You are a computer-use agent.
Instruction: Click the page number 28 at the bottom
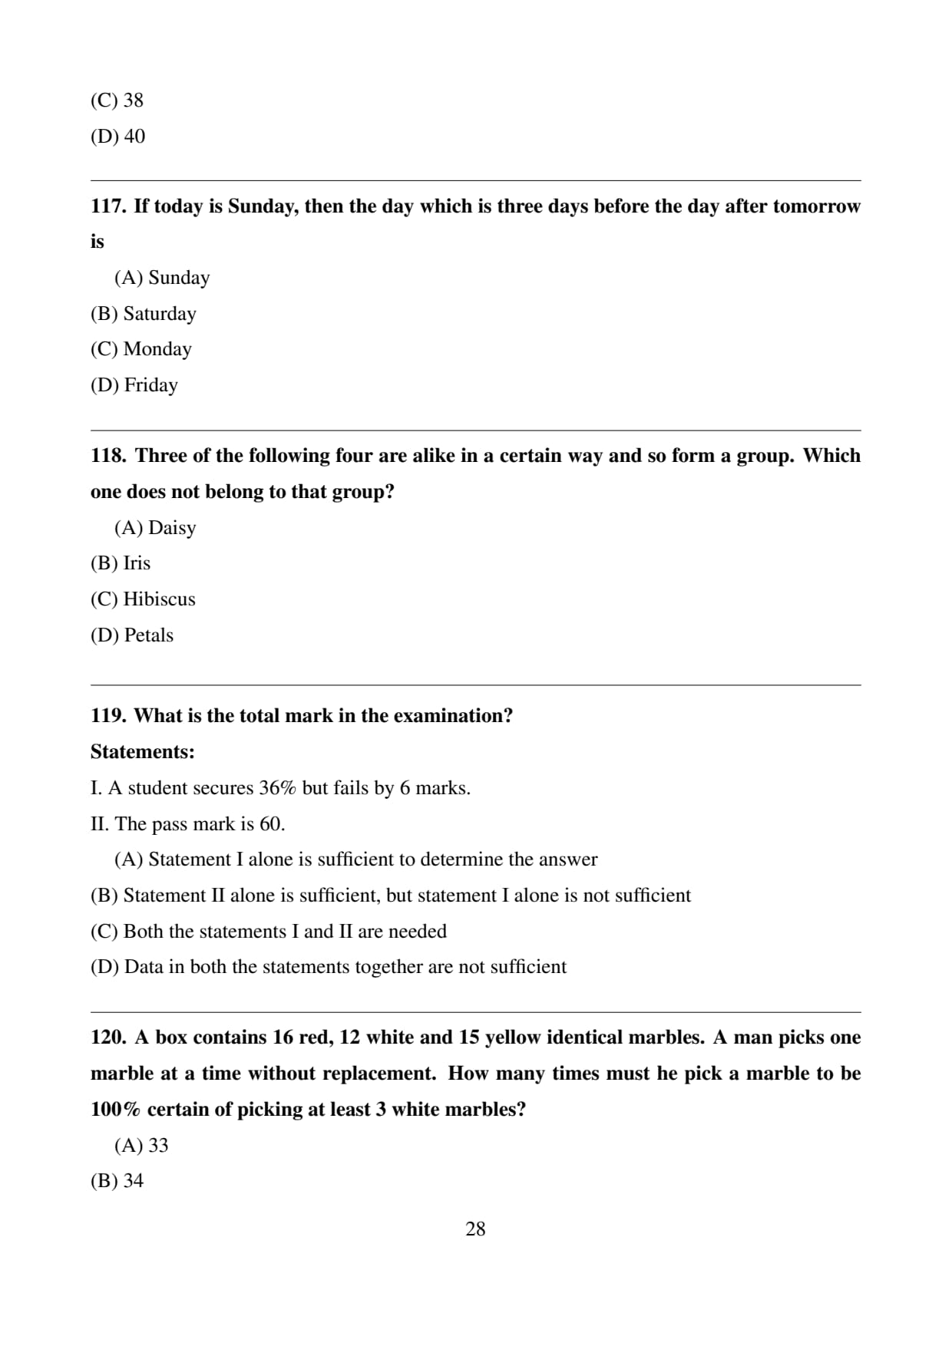475,1229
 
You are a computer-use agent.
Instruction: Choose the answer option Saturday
159,314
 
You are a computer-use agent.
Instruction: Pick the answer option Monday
157,349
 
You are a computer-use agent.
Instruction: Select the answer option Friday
150,385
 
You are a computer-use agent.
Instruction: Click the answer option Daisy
172,528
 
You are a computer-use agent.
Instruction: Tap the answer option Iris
137,563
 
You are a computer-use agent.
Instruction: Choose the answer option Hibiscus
159,599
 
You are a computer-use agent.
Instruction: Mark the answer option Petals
148,635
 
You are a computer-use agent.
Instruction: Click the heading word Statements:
142,752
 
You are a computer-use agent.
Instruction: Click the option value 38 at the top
133,101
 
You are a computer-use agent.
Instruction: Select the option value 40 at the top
134,137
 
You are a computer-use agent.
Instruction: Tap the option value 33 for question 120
158,1146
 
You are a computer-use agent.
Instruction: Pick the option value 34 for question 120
134,1181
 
